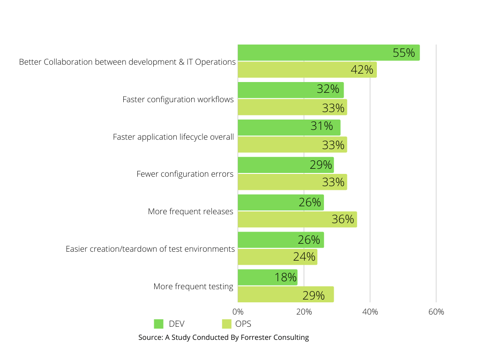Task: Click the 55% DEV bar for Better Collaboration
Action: pos(328,52)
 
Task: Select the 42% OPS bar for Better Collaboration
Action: pos(307,69)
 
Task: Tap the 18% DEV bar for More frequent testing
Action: pos(267,277)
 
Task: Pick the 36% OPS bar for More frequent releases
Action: pos(297,219)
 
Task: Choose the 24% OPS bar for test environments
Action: pos(277,257)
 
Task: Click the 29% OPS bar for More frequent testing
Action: pos(285,294)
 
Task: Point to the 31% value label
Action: pos(322,126)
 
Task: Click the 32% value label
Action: pos(328,89)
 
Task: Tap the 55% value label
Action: pos(404,53)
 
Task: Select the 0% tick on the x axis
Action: pos(238,312)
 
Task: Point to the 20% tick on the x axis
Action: pos(304,312)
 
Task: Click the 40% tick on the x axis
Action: pos(370,312)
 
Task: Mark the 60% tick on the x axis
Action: pos(436,312)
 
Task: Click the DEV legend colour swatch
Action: pos(158,324)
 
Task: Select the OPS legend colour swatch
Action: pos(227,324)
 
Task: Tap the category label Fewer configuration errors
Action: pos(185,174)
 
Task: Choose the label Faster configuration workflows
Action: pos(178,99)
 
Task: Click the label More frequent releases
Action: pos(190,211)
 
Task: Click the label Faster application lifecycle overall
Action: pos(173,137)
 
